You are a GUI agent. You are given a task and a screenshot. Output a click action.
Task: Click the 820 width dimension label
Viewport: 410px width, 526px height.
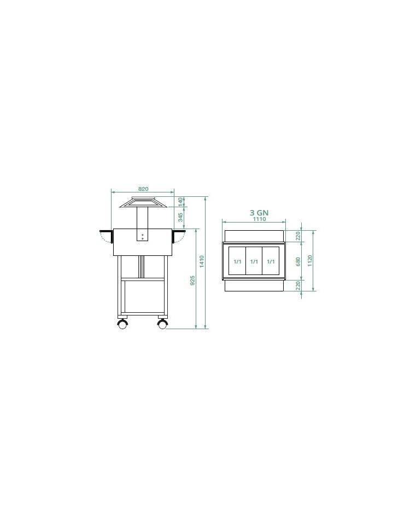(x=143, y=189)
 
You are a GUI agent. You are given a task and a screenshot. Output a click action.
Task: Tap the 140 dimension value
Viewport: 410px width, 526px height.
(x=180, y=202)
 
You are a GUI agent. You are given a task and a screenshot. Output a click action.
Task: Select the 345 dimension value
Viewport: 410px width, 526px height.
(x=180, y=217)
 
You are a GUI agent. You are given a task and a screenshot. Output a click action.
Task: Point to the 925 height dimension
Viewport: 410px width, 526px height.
(x=192, y=280)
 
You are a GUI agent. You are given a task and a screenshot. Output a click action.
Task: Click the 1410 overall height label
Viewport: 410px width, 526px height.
(x=202, y=262)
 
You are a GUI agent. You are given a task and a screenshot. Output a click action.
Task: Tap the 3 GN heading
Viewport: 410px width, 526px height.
(x=259, y=213)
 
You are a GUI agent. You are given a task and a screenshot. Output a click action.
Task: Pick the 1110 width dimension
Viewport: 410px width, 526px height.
(x=259, y=219)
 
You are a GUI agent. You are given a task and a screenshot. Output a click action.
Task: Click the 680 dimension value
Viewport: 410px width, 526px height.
(x=298, y=262)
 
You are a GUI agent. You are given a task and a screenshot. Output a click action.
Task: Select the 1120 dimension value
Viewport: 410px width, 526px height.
(x=309, y=261)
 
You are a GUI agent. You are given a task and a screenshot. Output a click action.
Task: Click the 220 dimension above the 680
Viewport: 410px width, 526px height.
(x=298, y=237)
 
